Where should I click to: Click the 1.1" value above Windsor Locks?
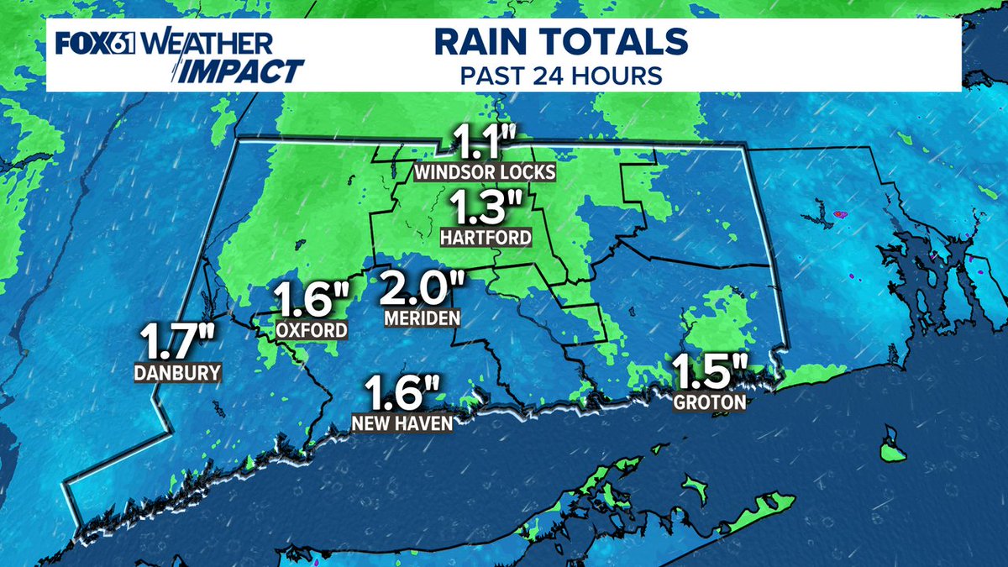click(x=484, y=143)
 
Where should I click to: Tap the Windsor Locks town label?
click(x=484, y=173)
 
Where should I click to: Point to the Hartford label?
click(x=486, y=238)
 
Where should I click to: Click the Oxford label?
click(x=312, y=330)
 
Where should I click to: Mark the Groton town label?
click(x=710, y=402)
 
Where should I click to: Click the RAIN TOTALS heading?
click(x=560, y=41)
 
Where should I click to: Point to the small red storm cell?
click(x=839, y=214)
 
